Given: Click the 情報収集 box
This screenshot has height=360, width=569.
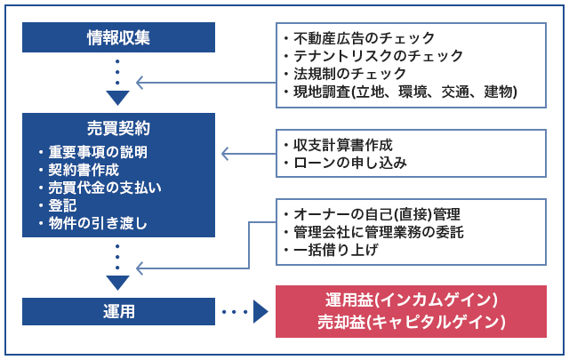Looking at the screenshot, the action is (118, 37).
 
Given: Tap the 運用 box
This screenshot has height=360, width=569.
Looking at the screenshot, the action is (118, 311).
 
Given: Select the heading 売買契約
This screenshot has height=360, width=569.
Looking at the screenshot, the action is (118, 129).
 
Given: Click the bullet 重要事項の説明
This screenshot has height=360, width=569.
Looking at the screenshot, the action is (98, 152).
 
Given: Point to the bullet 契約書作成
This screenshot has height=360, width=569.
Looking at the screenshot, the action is (84, 170).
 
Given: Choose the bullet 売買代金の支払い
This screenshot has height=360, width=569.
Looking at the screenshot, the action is (105, 188).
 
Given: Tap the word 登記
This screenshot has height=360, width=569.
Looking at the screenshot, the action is (62, 205).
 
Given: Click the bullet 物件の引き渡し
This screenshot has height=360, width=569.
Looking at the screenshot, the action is (98, 223).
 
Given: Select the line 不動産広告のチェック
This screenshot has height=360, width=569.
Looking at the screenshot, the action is (364, 38).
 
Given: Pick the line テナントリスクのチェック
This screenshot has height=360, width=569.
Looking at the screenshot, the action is (378, 56).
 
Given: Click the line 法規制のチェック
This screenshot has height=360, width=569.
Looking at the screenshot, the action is (349, 74).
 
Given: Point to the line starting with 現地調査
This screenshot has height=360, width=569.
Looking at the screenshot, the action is (405, 92).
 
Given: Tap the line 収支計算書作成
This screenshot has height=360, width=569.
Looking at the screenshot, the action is (343, 145).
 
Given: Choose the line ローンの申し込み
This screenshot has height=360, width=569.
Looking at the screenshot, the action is (350, 163).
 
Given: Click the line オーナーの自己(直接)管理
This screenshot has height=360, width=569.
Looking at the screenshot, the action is (377, 214).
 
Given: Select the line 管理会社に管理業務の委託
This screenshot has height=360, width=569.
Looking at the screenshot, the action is (379, 232).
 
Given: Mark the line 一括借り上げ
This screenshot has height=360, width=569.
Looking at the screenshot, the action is (336, 250).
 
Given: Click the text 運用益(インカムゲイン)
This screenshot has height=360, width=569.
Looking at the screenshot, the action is (411, 300).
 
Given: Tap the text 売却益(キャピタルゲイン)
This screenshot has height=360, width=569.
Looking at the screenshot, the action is (411, 322).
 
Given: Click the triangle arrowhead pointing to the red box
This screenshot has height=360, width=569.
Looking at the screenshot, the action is (260, 311).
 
